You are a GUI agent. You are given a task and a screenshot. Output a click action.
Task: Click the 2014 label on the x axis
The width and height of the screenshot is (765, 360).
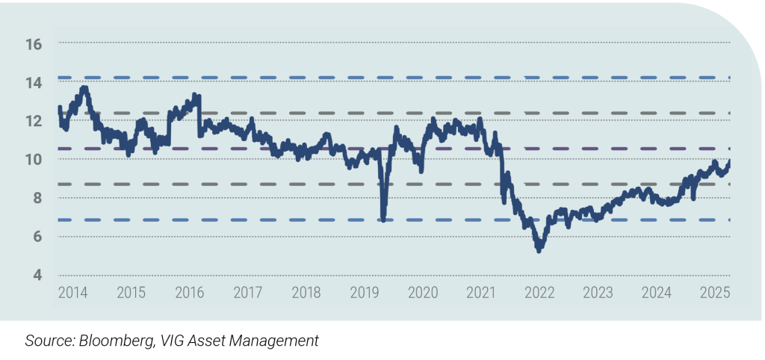(72, 292)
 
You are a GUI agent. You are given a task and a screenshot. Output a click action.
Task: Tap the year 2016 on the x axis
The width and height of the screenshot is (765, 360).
(189, 292)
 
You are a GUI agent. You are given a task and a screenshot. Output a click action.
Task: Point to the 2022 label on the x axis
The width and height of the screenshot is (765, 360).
(540, 292)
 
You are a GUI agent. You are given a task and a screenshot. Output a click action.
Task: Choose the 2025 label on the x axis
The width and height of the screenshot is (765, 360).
(715, 292)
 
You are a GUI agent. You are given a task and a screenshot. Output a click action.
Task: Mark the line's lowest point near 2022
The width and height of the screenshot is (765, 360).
(539, 250)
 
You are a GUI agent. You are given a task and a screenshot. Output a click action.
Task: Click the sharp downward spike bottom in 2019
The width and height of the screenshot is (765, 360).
(383, 220)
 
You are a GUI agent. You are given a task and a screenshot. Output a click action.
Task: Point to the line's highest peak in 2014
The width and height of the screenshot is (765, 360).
(84, 88)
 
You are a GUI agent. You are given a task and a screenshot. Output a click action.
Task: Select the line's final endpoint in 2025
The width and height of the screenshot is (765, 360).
(729, 161)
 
